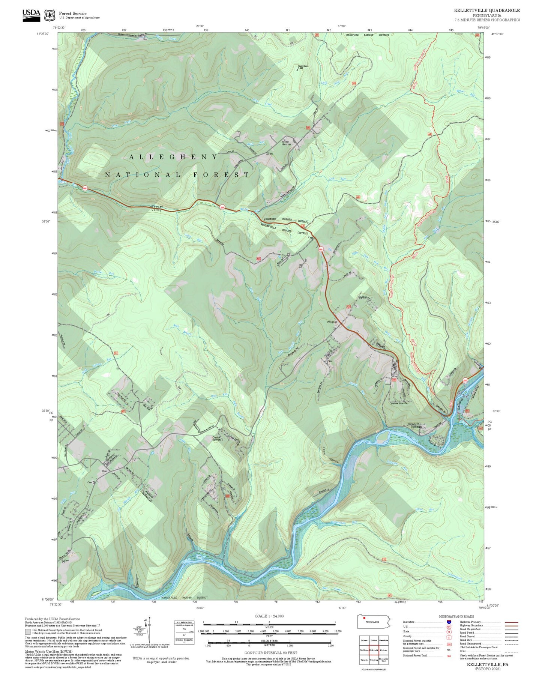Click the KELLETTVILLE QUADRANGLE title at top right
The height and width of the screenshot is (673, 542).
tap(487, 11)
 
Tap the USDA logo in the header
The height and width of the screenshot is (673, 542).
tap(31, 15)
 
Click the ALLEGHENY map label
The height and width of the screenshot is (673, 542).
tap(173, 157)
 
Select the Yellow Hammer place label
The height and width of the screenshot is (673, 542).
tap(286, 143)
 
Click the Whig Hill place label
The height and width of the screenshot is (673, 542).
tap(332, 322)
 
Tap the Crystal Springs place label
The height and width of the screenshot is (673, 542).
tap(216, 438)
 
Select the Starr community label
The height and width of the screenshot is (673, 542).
tap(105, 471)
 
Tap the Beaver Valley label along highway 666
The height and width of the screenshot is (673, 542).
tap(156, 209)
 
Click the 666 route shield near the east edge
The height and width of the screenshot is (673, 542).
tap(465, 380)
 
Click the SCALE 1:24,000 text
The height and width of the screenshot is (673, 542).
tap(269, 616)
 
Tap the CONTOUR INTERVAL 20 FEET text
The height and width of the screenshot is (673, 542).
tap(270, 653)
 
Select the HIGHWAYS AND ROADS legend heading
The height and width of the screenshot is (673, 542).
tap(456, 616)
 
